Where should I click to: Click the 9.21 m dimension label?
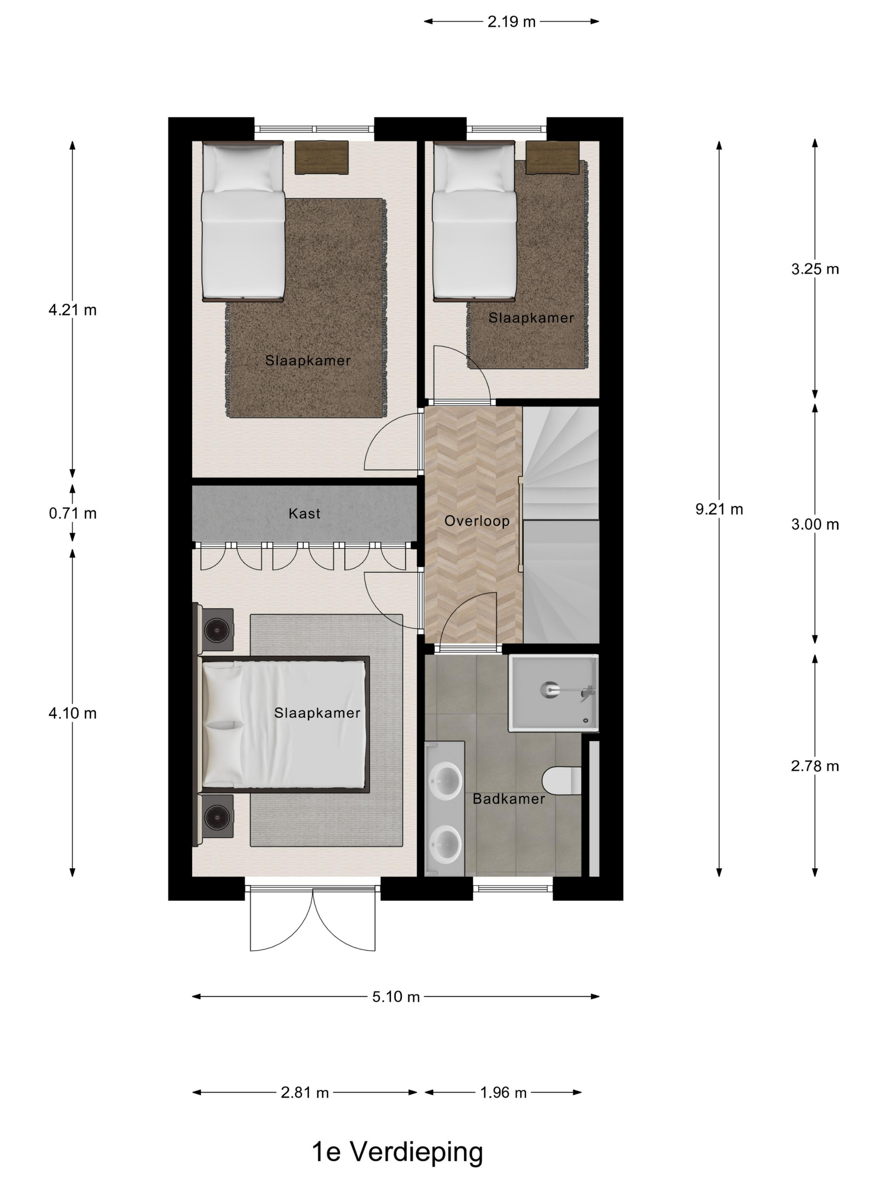718,509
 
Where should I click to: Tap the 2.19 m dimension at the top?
511,22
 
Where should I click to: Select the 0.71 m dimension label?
72,513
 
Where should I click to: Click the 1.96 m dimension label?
503,1093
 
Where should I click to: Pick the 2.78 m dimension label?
814,766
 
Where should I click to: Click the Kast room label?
304,514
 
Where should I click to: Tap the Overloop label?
476,521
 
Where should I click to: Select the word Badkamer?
509,799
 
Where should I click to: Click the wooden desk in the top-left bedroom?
321,157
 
